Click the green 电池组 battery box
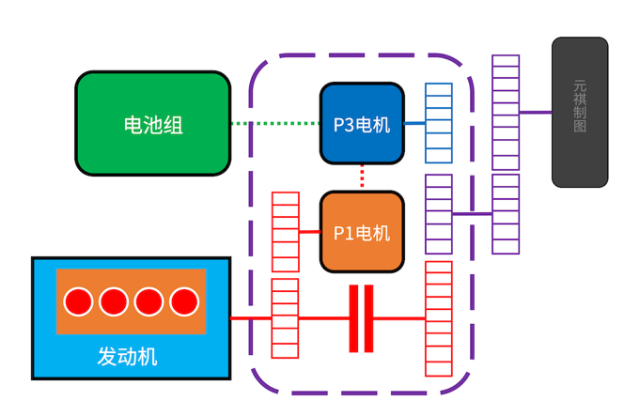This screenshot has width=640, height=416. tap(152, 123)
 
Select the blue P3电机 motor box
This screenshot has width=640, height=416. tap(362, 123)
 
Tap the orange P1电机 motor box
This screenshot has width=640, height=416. tap(362, 232)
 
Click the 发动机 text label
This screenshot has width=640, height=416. tap(128, 357)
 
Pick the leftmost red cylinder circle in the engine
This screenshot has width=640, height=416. tap(78, 301)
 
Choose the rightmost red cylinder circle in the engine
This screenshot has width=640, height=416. tap(184, 301)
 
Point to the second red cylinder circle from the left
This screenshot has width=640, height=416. tap(114, 301)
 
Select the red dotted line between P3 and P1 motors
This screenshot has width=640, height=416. tap(362, 176)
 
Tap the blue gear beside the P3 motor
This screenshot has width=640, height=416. tap(438, 123)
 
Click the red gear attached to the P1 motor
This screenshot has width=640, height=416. tap(286, 232)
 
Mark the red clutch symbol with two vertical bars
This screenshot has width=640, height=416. tap(362, 318)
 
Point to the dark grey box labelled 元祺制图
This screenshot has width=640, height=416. tap(579, 112)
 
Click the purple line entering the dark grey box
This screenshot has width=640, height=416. tap(535, 113)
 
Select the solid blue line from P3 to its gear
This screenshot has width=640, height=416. tap(414, 123)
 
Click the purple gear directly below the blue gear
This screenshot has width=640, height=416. tap(438, 214)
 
